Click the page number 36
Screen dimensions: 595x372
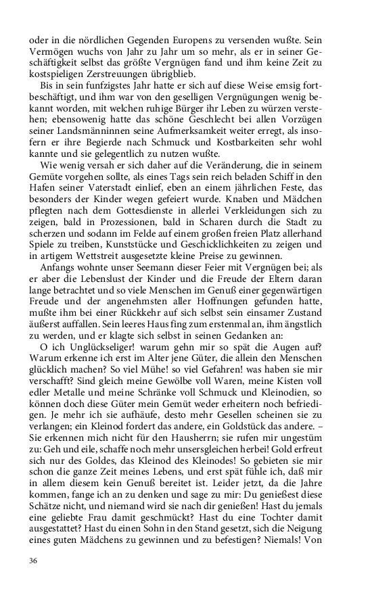coord(33,561)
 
